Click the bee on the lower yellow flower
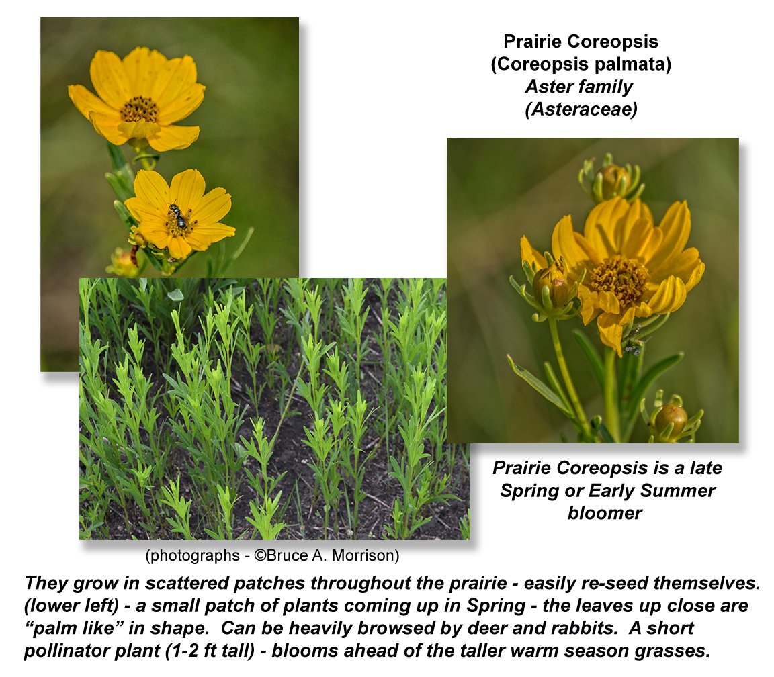[178, 215]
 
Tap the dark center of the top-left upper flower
[139, 109]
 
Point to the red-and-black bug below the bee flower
[134, 255]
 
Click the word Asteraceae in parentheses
[581, 109]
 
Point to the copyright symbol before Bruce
[260, 555]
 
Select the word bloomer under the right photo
[605, 513]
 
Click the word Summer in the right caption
[677, 490]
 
